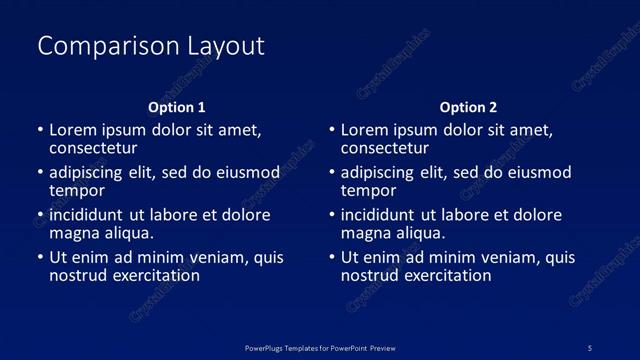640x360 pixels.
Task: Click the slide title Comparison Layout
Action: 150,46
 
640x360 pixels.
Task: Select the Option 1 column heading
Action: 177,107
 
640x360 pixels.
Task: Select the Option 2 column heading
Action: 468,107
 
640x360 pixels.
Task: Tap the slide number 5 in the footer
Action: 590,347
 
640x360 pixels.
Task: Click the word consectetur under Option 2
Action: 385,148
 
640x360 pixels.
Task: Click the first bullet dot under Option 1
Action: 39,131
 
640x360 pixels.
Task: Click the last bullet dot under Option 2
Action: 331,258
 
